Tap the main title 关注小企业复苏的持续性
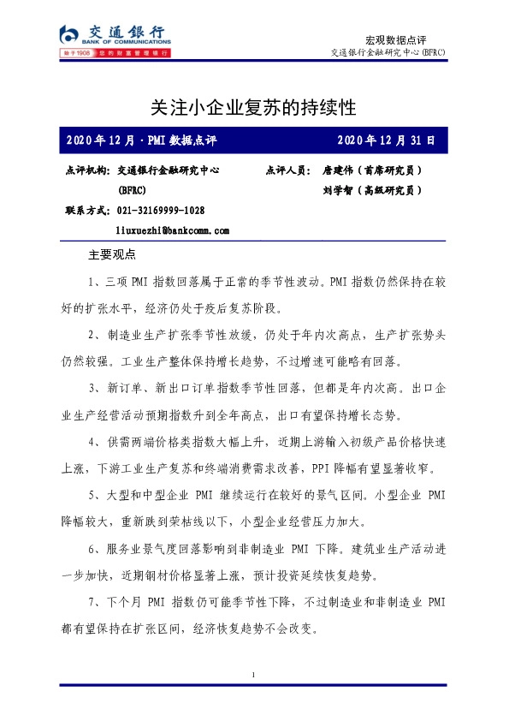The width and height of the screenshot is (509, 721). click(252, 109)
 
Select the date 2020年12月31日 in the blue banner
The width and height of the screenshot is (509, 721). click(386, 140)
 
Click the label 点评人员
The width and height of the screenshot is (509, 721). click(288, 170)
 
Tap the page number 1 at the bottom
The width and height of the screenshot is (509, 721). click(254, 677)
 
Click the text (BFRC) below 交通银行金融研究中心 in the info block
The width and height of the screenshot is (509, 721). click(131, 190)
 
